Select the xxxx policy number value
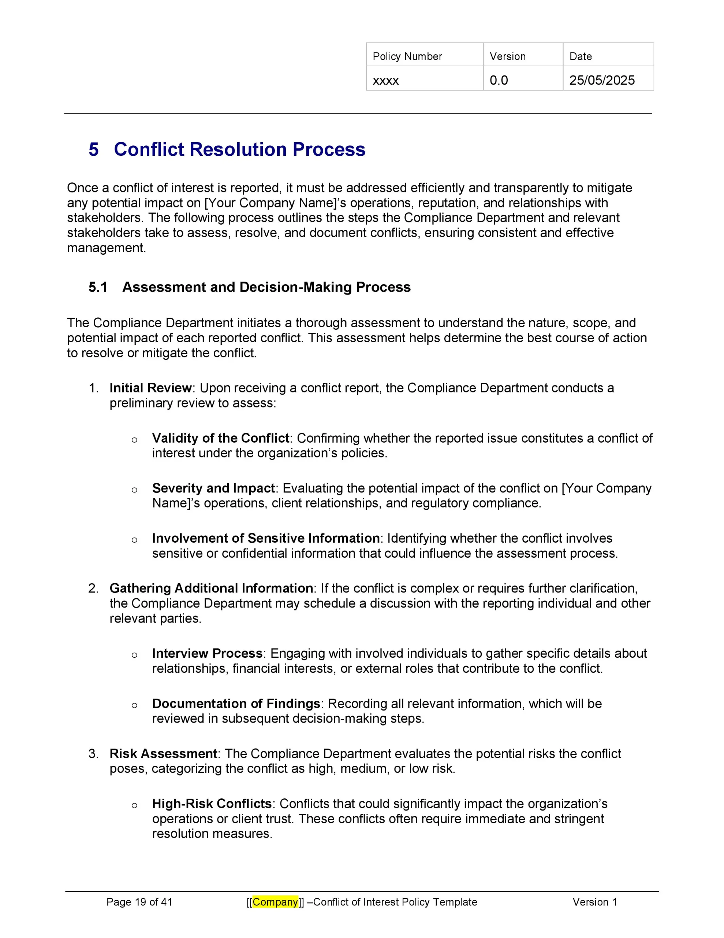[x=385, y=80]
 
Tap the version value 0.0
[x=498, y=80]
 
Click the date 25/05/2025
[x=602, y=80]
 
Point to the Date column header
[x=580, y=56]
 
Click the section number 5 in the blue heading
[x=94, y=149]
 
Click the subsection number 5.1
[x=98, y=287]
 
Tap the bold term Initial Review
[x=150, y=388]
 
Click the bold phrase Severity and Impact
[x=213, y=488]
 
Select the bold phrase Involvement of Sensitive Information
[x=266, y=538]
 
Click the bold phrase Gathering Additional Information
[x=211, y=588]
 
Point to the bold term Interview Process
[x=207, y=653]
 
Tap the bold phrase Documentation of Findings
[x=236, y=703]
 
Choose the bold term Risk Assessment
[x=163, y=754]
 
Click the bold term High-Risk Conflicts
[x=212, y=804]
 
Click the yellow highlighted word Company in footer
[x=275, y=902]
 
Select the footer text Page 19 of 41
[x=139, y=902]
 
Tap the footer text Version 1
[x=594, y=902]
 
